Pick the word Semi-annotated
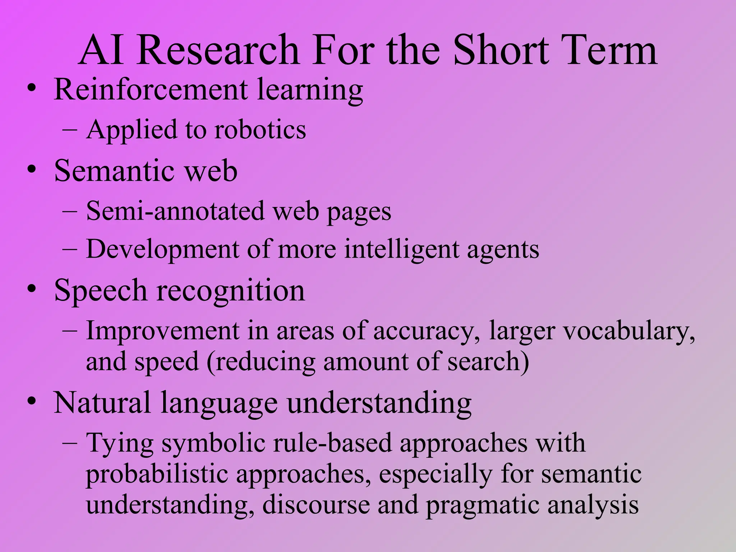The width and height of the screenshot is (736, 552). pos(175,211)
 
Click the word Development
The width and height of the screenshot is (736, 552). pos(162,249)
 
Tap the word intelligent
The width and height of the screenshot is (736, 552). pos(401,249)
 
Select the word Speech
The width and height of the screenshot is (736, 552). pos(101,291)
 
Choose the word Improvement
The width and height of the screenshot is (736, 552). pos(162,331)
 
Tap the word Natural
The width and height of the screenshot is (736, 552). pos(102,402)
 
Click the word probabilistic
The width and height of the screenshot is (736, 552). pos(157,474)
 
